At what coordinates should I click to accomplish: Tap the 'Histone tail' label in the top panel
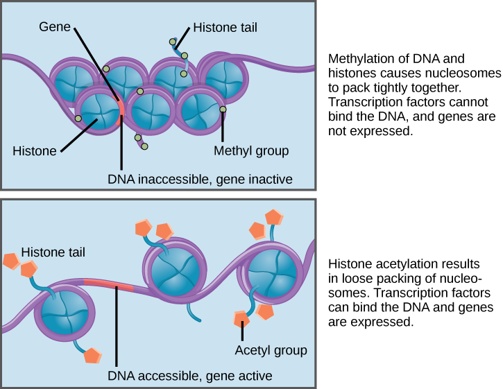[x=225, y=28]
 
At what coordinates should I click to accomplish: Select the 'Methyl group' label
[x=250, y=150]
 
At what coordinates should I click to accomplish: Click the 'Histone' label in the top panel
[x=35, y=150]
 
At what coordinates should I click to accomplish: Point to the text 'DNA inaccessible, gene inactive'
[x=200, y=179]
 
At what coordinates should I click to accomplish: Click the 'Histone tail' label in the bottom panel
[x=53, y=252]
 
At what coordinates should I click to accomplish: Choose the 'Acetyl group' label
[x=271, y=350]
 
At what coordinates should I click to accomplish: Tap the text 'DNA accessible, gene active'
[x=189, y=376]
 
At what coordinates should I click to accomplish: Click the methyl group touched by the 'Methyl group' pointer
[x=223, y=110]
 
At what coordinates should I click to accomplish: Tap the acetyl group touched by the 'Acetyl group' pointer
[x=241, y=319]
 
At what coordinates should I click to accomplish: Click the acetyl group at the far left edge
[x=11, y=261]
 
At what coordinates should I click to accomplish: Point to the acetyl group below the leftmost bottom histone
[x=93, y=356]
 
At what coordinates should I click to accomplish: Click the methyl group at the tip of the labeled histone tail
[x=173, y=42]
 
